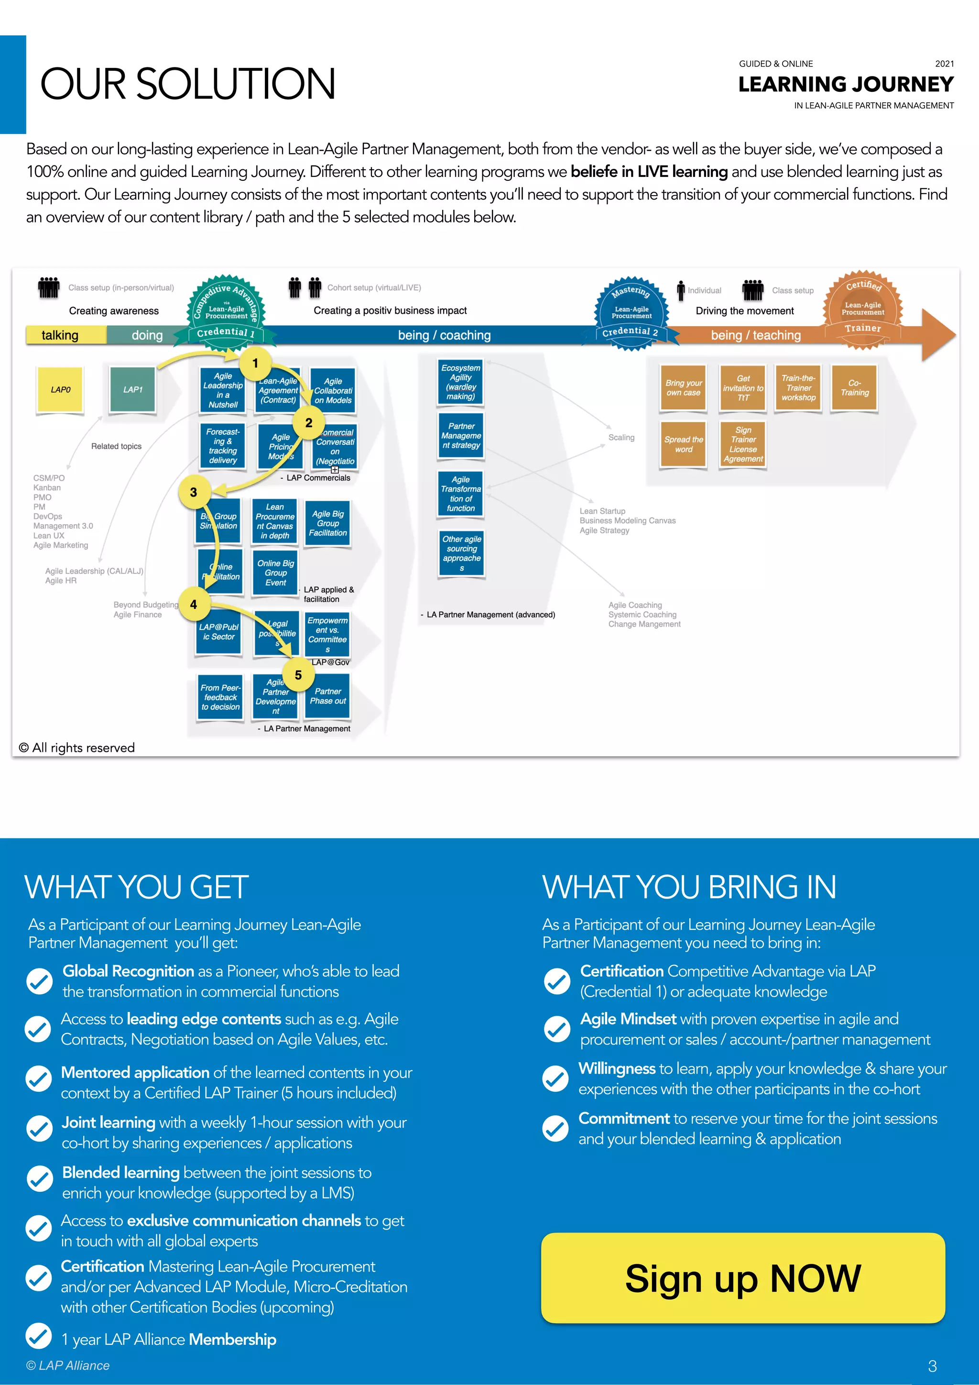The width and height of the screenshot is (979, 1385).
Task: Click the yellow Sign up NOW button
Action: point(743,1278)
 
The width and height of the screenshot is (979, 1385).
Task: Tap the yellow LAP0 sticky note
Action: point(60,390)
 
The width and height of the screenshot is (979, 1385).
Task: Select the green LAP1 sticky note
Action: point(132,390)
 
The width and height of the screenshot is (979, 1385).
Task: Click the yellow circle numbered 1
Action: point(255,363)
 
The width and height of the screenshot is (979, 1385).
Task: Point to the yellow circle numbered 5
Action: point(298,675)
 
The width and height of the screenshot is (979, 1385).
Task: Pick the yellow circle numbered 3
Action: point(194,492)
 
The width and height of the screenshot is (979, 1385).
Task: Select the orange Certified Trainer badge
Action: point(863,310)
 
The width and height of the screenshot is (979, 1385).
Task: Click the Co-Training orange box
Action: point(854,388)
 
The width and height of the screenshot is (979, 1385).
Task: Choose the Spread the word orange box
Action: point(684,445)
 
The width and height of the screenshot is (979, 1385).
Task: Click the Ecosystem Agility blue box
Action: point(461,382)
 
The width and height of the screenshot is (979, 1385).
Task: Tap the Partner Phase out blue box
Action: point(328,696)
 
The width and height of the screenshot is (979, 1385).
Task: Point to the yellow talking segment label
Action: point(60,335)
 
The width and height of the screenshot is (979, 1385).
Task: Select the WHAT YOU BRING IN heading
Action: point(689,887)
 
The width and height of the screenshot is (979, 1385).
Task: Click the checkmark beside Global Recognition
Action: point(40,981)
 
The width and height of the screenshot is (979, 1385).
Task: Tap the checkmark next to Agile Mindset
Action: point(557,1029)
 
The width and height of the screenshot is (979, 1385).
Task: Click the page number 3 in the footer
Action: point(932,1366)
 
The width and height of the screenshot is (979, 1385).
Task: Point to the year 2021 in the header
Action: point(944,64)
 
